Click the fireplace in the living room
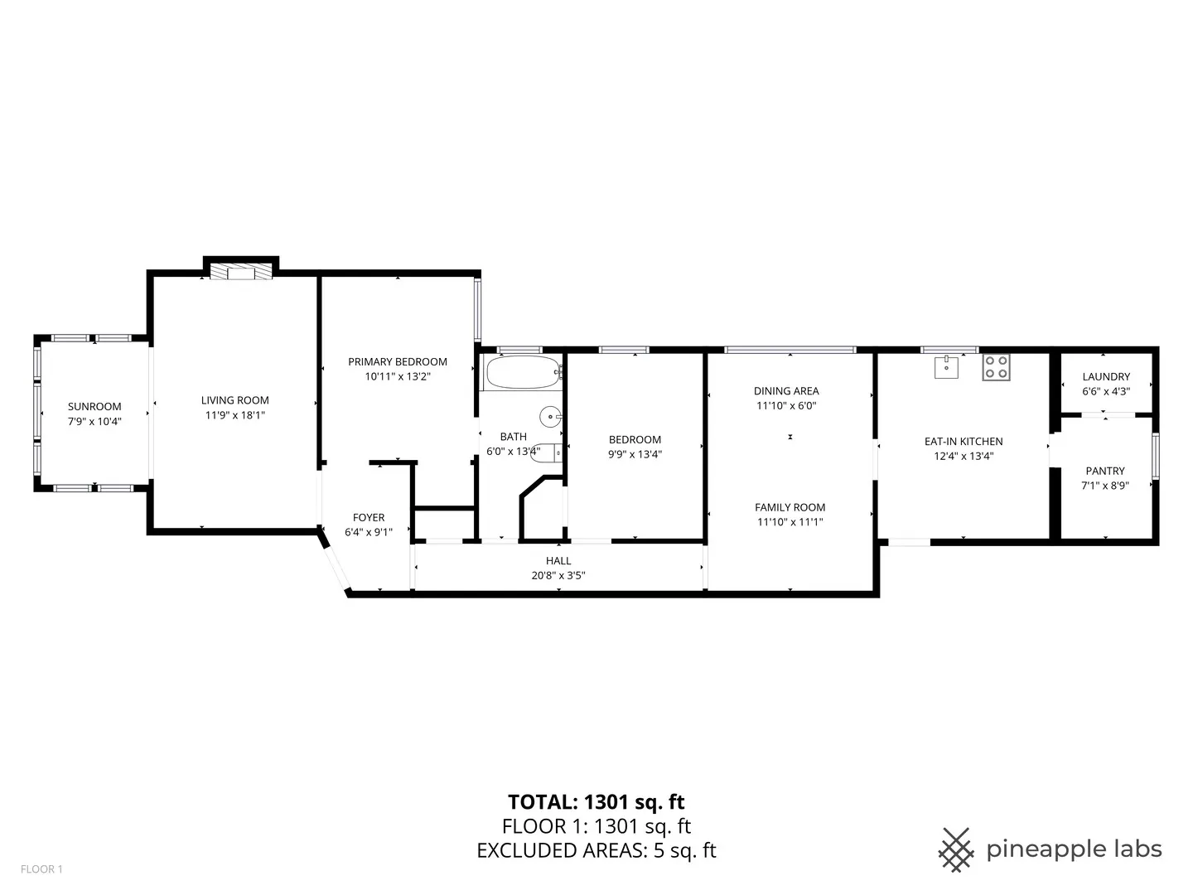(240, 273)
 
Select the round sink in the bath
(550, 416)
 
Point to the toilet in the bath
(548, 452)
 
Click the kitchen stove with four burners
(996, 367)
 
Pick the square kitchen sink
(946, 366)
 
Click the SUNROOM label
(94, 406)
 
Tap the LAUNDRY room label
(1105, 376)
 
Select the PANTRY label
(1105, 471)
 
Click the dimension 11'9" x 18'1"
(235, 415)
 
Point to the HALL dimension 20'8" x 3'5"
(558, 575)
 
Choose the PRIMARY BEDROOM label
(398, 361)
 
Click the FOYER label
(369, 517)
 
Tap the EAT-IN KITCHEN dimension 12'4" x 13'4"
(964, 456)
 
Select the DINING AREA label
(786, 391)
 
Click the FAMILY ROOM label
(790, 507)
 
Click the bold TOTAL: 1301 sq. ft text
(596, 801)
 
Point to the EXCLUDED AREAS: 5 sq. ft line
(596, 850)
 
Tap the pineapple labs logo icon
(956, 849)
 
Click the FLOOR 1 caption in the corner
(41, 869)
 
